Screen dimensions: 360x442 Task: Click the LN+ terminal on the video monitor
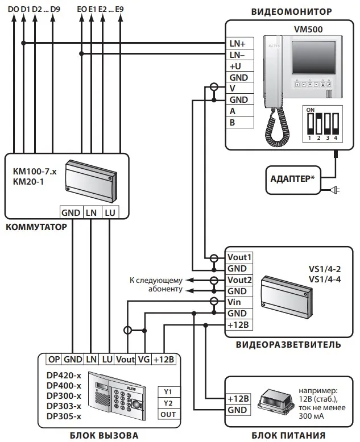pyautogui.click(x=240, y=43)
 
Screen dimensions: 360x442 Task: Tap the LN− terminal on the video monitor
pyautogui.click(x=240, y=55)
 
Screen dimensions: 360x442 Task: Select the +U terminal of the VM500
pyautogui.click(x=240, y=66)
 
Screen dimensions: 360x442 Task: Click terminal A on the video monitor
pyautogui.click(x=240, y=111)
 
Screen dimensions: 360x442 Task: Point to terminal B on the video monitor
pyautogui.click(x=240, y=122)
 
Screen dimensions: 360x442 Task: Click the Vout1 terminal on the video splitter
pyautogui.click(x=239, y=257)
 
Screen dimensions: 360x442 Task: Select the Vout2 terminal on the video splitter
pyautogui.click(x=239, y=280)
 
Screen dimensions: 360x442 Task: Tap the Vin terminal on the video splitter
pyautogui.click(x=239, y=302)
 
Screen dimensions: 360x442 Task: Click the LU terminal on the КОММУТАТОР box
pyautogui.click(x=110, y=212)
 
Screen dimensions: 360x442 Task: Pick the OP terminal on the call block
pyautogui.click(x=54, y=360)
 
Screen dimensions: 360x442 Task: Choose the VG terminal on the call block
pyautogui.click(x=144, y=360)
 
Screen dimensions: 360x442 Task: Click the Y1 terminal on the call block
pyautogui.click(x=168, y=392)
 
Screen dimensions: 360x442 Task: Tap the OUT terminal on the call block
pyautogui.click(x=168, y=414)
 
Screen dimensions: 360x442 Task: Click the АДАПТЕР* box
pyautogui.click(x=293, y=180)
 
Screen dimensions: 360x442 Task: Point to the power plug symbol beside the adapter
pyautogui.click(x=334, y=190)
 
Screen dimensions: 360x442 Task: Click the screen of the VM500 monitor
pyautogui.click(x=313, y=58)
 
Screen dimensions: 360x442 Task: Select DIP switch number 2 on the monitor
pyautogui.click(x=318, y=123)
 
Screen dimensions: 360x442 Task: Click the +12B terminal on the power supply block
pyautogui.click(x=238, y=399)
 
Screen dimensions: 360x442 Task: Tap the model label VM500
pyautogui.click(x=308, y=30)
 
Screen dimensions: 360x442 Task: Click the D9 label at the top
pyautogui.click(x=55, y=9)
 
